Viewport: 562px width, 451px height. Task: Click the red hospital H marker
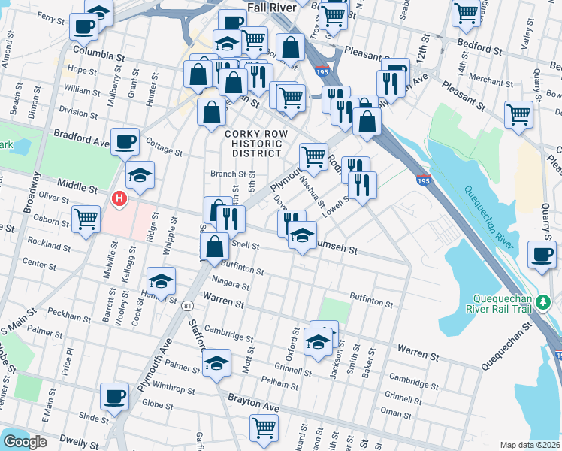point(119,199)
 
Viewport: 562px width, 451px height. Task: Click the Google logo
point(24,442)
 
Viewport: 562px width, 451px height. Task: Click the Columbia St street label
point(98,56)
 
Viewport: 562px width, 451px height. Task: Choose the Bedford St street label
point(479,51)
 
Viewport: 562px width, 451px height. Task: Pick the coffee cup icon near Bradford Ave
point(125,141)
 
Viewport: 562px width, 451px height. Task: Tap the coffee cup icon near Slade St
point(115,395)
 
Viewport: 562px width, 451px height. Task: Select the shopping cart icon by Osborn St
point(86,219)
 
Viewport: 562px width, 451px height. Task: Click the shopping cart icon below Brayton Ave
point(264,428)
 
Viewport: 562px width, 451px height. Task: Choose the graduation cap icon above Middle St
point(140,175)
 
